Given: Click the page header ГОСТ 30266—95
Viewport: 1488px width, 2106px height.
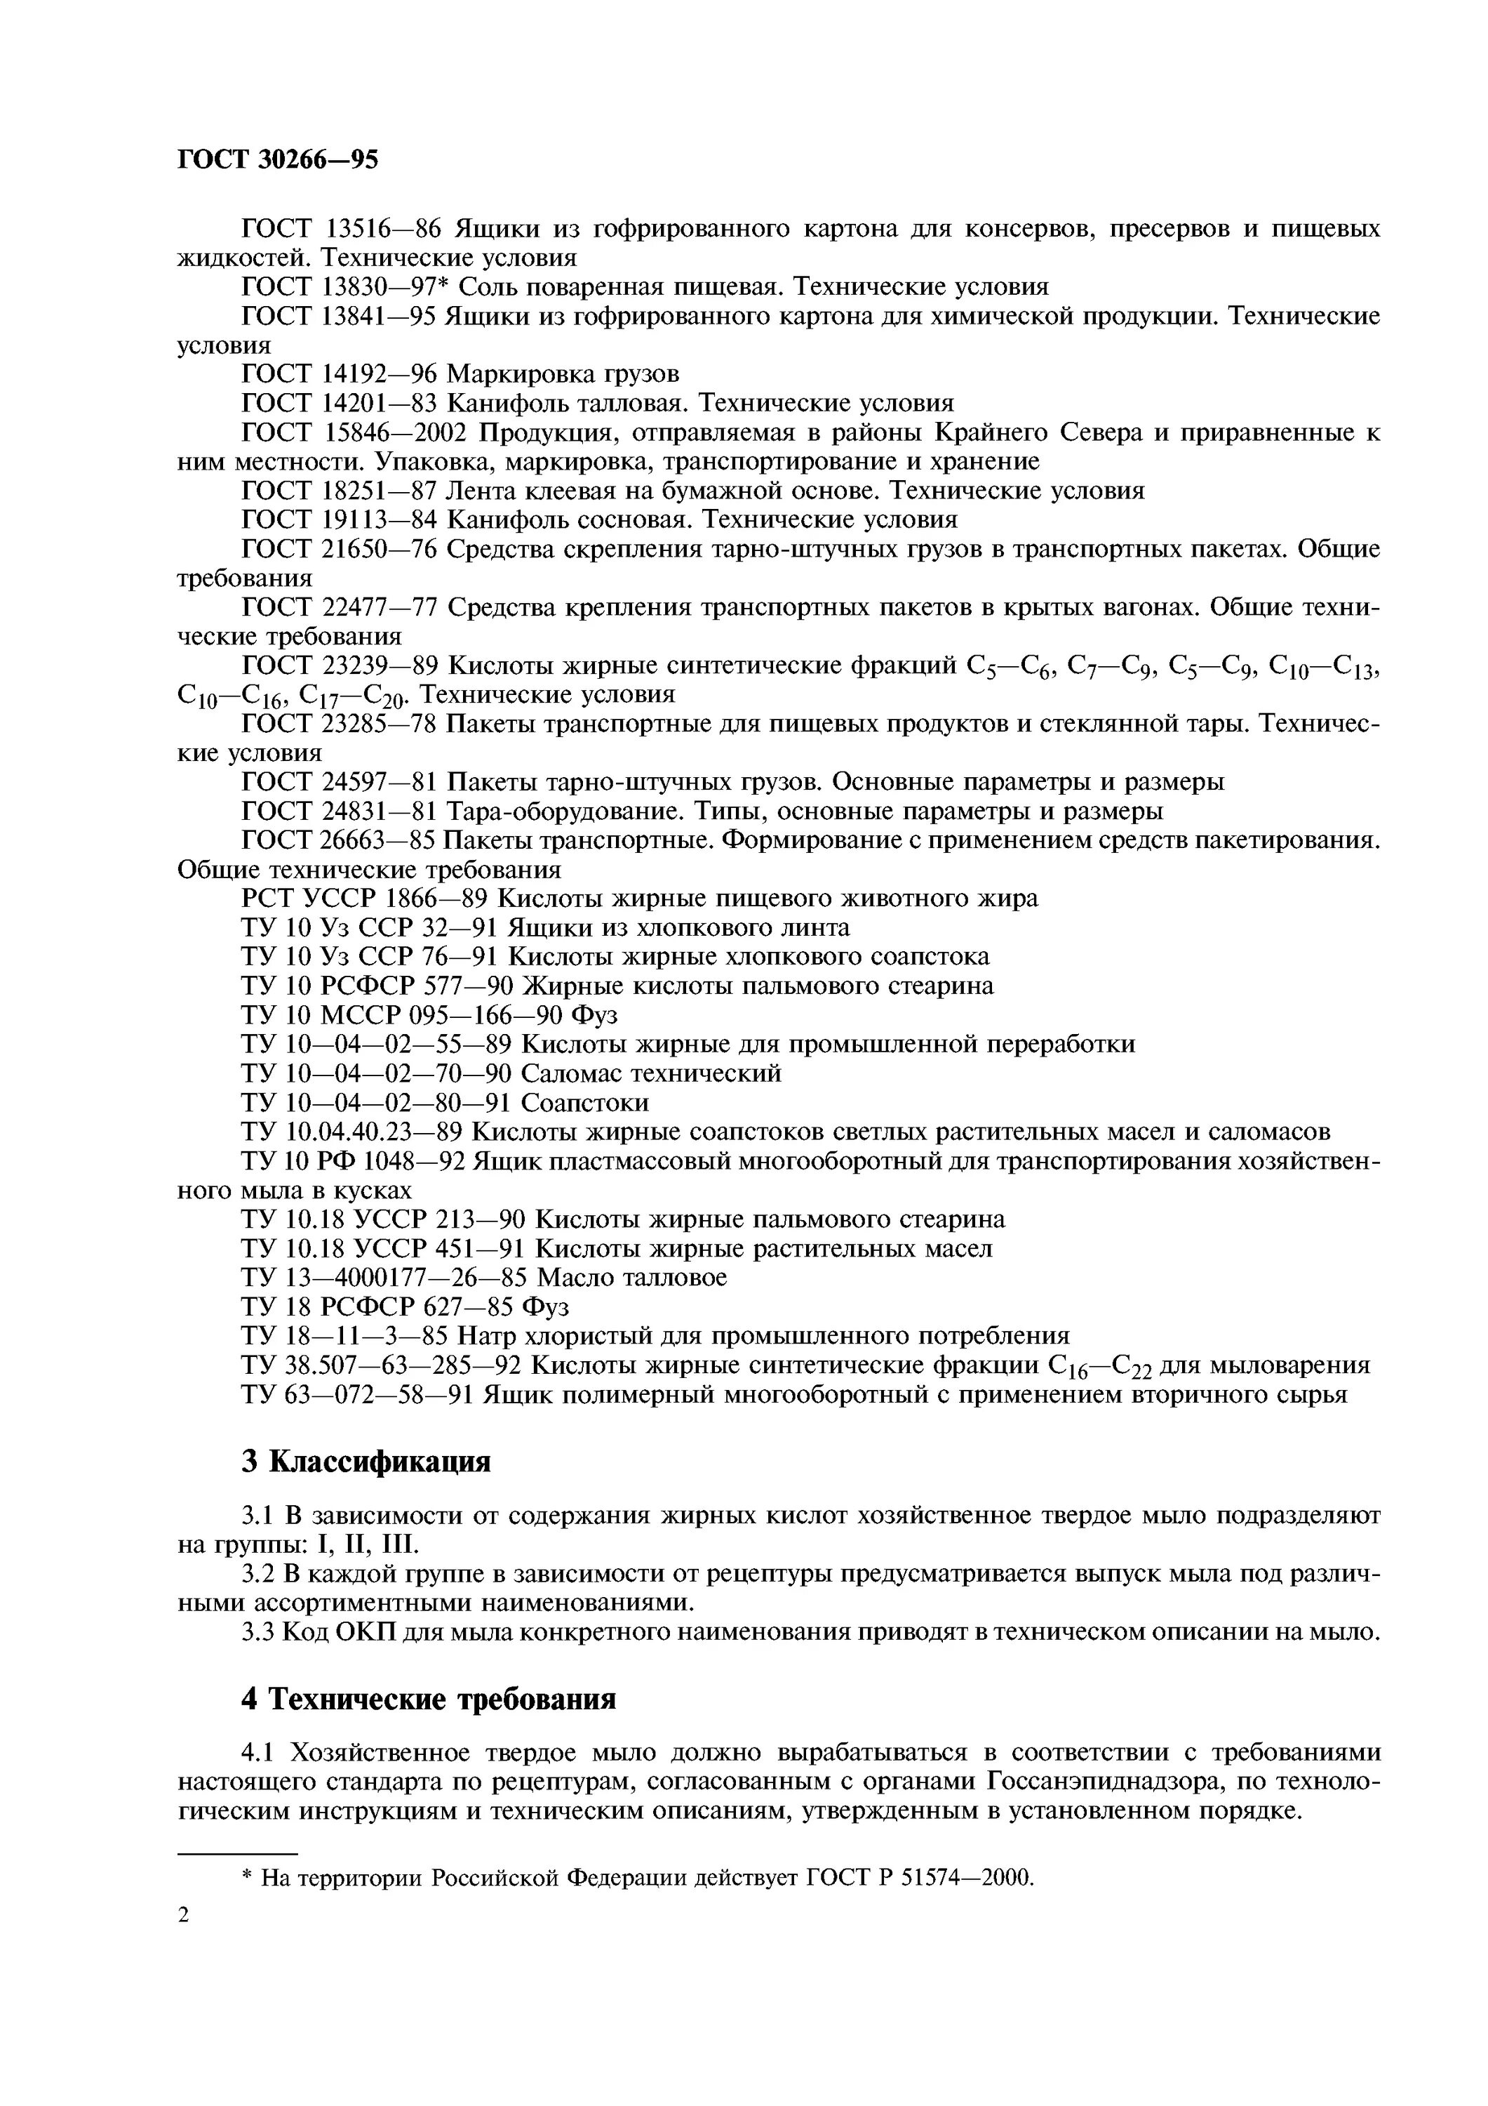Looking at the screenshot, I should coord(277,161).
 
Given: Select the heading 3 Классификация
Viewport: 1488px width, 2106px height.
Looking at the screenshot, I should coord(366,1461).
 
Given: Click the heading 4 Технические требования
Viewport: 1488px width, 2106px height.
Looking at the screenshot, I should coord(428,1700).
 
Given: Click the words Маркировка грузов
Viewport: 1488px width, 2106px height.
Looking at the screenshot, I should coord(563,374).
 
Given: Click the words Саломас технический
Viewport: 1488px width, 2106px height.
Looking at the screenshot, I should coord(651,1073).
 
